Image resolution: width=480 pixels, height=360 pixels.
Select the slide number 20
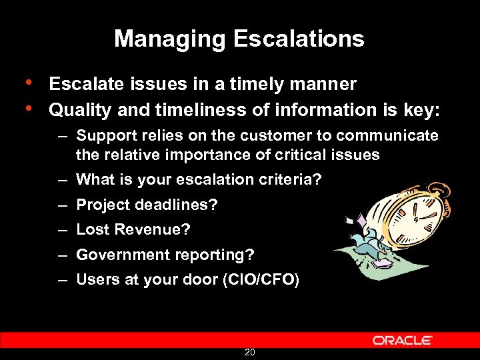click(249, 352)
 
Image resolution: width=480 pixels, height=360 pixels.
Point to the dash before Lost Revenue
click(61, 230)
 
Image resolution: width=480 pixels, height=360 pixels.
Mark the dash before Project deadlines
click(61, 205)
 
